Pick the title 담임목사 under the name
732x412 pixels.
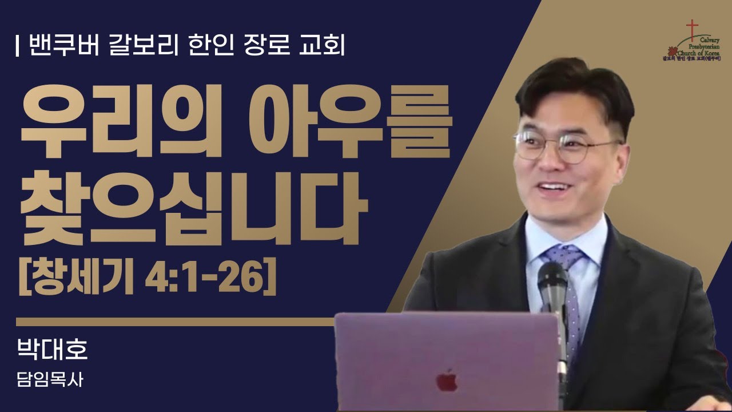pyautogui.click(x=50, y=381)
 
